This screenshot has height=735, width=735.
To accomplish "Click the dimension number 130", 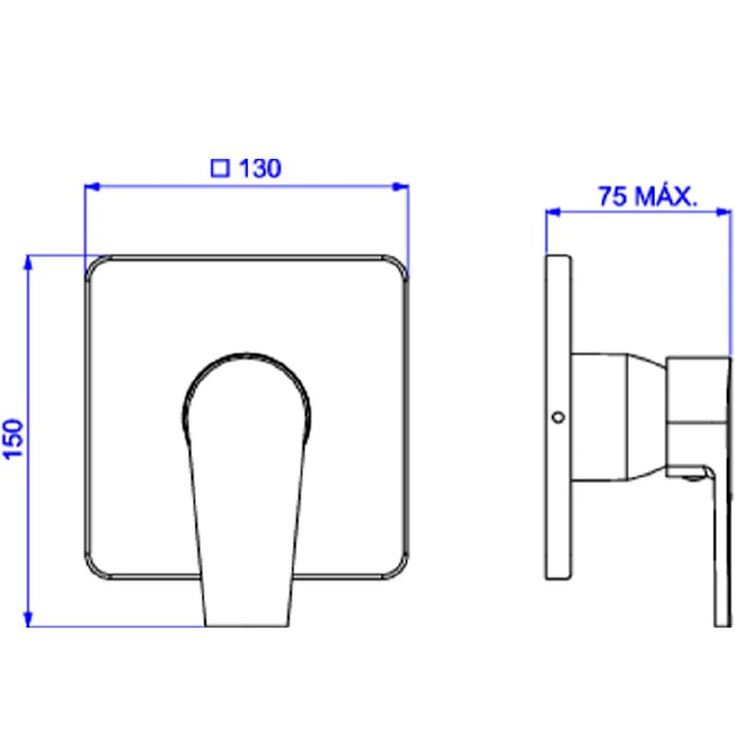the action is (x=260, y=168).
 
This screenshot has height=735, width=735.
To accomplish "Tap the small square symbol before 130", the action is (x=220, y=169).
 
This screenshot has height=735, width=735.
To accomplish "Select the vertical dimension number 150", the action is (x=14, y=439).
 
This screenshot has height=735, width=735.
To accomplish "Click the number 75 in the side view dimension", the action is (x=613, y=197).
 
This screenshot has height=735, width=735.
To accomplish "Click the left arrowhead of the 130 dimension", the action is (x=92, y=187).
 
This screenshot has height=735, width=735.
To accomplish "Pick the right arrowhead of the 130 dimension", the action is (x=401, y=187).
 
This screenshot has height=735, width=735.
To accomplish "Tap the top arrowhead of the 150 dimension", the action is (x=28, y=263).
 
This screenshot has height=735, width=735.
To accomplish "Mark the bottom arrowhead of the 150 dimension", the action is (x=28, y=618).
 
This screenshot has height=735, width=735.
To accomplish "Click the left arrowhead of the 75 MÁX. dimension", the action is (x=554, y=212).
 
